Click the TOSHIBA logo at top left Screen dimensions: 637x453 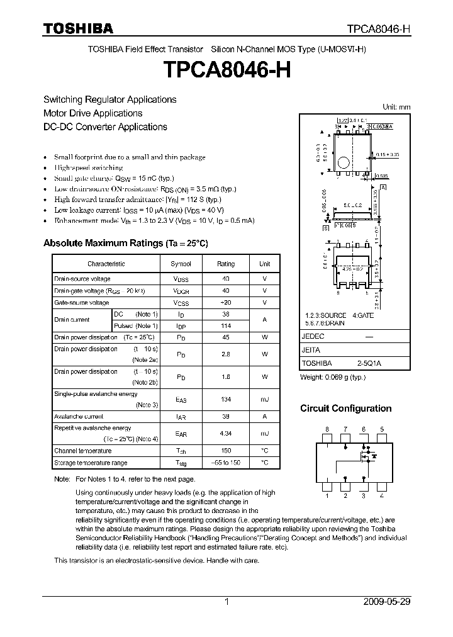click(x=78, y=28)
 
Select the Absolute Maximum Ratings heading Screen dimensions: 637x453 click(x=125, y=243)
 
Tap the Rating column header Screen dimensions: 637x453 click(x=225, y=264)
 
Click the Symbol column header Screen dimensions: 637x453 click(x=181, y=264)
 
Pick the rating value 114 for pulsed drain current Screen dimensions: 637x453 click(x=225, y=326)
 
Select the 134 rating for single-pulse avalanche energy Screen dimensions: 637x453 click(x=225, y=399)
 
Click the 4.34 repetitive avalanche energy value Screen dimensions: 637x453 click(x=225, y=434)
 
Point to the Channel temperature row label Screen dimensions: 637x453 click(x=82, y=451)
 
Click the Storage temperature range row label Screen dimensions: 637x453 click(x=91, y=463)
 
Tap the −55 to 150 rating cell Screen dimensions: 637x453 click(x=225, y=463)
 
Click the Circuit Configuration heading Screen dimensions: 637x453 click(x=345, y=409)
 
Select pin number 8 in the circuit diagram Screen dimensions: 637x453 click(x=327, y=429)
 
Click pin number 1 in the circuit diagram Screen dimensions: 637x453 click(x=327, y=496)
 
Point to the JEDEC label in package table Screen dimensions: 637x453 click(x=312, y=337)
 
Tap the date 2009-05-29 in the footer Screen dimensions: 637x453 click(x=386, y=602)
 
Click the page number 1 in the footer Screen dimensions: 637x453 click(x=226, y=602)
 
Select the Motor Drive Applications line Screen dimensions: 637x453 click(x=92, y=113)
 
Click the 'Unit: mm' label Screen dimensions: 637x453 click(x=396, y=107)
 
